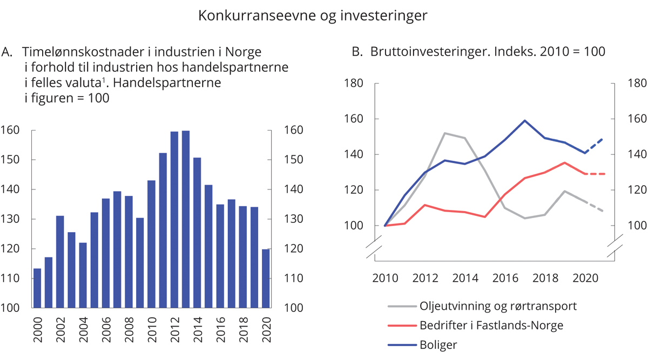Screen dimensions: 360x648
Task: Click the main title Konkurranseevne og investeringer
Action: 313,16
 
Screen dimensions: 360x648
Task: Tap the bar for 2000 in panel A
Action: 37,288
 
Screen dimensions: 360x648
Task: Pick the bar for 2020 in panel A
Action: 266,279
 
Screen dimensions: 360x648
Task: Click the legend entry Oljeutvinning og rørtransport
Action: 497,306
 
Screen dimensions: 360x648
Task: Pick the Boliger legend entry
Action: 438,344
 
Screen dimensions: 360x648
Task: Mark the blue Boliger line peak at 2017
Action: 525,120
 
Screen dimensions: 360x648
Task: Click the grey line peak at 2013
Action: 443,133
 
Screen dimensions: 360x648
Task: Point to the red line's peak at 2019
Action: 564,162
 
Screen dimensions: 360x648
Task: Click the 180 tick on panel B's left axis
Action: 354,83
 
